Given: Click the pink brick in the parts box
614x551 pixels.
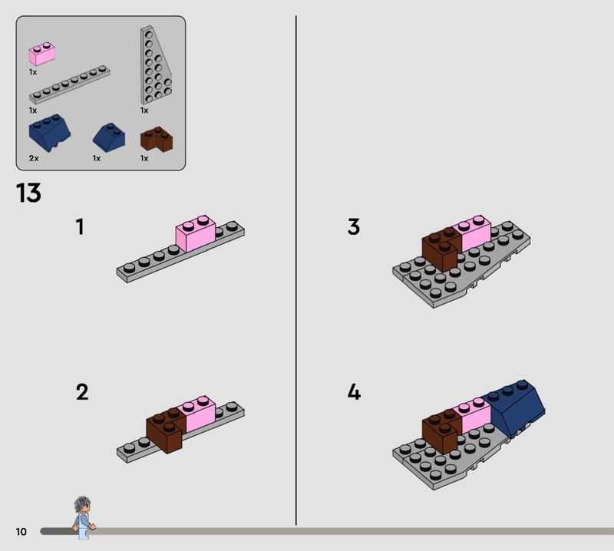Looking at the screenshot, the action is (x=42, y=54).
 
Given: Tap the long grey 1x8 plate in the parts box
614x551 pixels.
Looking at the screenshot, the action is (x=70, y=84).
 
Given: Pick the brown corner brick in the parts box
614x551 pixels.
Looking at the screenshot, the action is (x=157, y=139).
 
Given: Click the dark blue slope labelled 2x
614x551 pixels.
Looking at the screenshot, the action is (x=49, y=133).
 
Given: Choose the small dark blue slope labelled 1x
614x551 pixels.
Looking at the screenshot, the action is (x=109, y=136).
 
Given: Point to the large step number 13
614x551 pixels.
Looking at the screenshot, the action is (x=28, y=193).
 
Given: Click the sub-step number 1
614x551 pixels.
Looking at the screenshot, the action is (x=80, y=226).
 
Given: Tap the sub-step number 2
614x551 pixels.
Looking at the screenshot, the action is (x=82, y=392).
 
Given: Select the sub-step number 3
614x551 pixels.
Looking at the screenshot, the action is (x=354, y=226).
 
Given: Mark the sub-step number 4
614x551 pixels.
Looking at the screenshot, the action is (x=354, y=392).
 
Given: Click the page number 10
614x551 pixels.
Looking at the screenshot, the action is (x=21, y=531).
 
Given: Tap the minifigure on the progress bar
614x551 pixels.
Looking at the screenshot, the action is (x=84, y=518).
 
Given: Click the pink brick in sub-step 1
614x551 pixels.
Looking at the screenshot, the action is (x=196, y=233).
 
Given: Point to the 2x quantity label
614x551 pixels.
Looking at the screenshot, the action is (x=34, y=158).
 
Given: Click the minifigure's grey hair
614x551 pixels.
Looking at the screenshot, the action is (x=82, y=503).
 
